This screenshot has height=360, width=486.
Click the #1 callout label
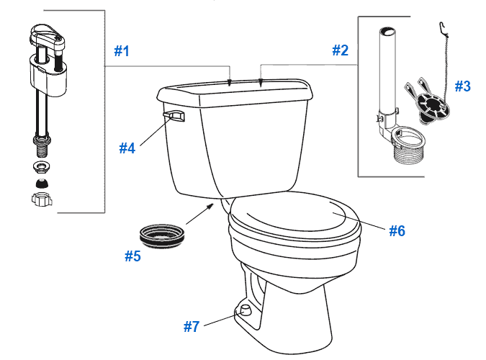pos(122,51)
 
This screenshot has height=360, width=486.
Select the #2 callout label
pos(340,50)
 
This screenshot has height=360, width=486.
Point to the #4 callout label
pos(127,148)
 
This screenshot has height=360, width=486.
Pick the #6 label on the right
pos(397,230)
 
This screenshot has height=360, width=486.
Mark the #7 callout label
pos(191,326)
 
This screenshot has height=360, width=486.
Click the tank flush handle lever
pos(174,115)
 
